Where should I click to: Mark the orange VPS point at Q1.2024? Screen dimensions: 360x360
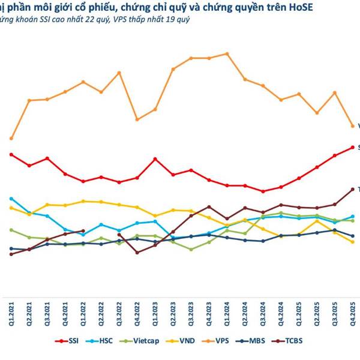pos(227,53)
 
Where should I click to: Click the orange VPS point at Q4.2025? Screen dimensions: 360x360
pos(352,126)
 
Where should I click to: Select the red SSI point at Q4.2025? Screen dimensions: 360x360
pos(352,147)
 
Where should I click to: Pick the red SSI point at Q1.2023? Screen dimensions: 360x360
pos(155,159)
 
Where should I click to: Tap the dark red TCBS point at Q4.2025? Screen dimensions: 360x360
pos(352,189)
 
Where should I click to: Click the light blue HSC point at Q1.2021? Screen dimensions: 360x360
pos(11,199)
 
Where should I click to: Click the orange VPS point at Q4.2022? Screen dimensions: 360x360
pos(137,119)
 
